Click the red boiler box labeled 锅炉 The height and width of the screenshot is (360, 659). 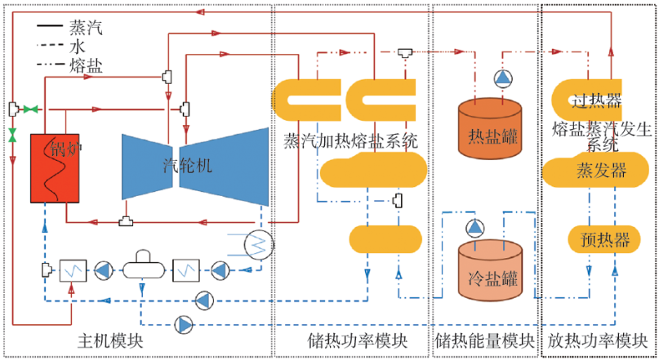tap(54, 167)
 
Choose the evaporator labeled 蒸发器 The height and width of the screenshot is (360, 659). tap(601, 170)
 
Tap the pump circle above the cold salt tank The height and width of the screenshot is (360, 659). tap(474, 226)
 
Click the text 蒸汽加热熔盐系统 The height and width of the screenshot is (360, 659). tap(351, 140)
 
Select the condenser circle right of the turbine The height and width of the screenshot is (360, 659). tap(260, 242)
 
